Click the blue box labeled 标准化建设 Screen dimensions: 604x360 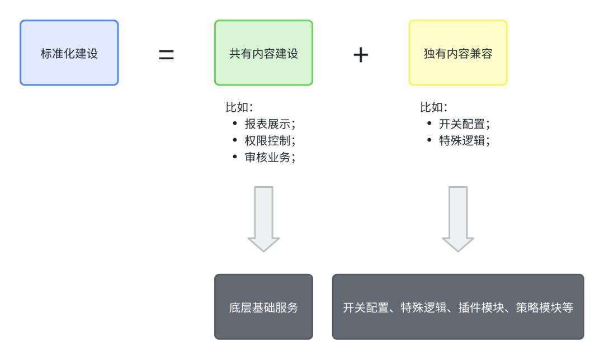[69, 53]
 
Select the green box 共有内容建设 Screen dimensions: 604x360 [263, 53]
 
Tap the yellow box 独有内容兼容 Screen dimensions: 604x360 [458, 53]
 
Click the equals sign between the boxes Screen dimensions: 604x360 [167, 54]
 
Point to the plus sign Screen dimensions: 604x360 [361, 55]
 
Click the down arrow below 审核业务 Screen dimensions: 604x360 [263, 219]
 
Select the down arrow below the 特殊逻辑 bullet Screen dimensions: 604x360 [458, 219]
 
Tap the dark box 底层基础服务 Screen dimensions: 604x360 [263, 307]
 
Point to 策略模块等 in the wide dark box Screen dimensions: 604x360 [544, 307]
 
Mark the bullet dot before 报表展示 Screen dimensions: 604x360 [235, 123]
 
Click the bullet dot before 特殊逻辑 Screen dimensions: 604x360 [430, 140]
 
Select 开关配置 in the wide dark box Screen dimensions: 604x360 [366, 307]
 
